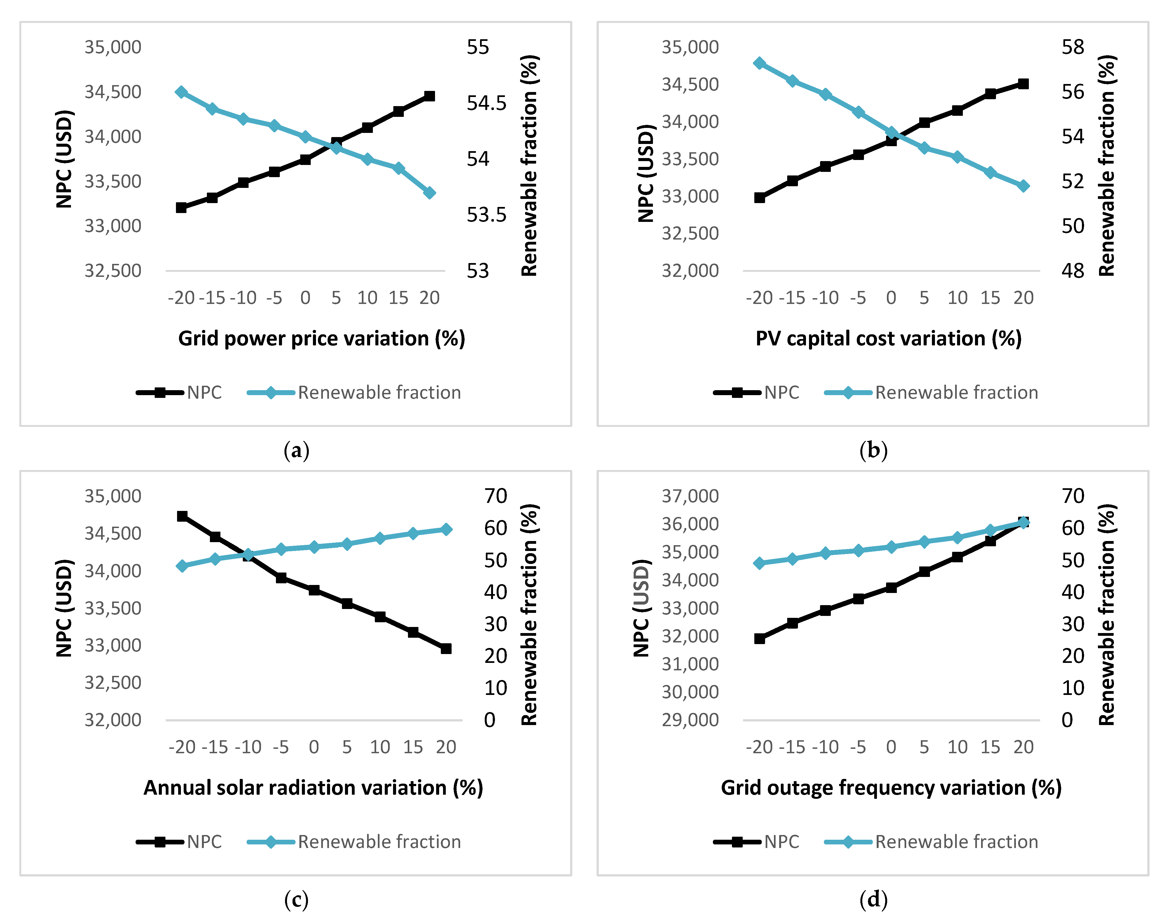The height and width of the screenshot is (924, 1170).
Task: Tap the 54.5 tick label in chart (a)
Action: (487, 103)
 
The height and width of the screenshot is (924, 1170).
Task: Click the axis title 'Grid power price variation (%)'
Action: (322, 339)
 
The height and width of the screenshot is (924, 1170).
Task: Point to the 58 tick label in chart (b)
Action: (1073, 47)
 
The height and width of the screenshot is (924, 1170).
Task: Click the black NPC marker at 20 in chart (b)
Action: (1023, 84)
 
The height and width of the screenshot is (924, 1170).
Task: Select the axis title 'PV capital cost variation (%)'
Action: (888, 339)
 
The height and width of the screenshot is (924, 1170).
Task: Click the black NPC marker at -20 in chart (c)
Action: (182, 516)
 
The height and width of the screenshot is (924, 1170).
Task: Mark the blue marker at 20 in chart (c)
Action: (446, 529)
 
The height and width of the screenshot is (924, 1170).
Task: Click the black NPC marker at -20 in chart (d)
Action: (760, 638)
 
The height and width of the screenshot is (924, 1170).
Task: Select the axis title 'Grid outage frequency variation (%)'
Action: (891, 788)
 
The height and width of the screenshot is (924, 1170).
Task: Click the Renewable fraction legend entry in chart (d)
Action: (931, 842)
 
